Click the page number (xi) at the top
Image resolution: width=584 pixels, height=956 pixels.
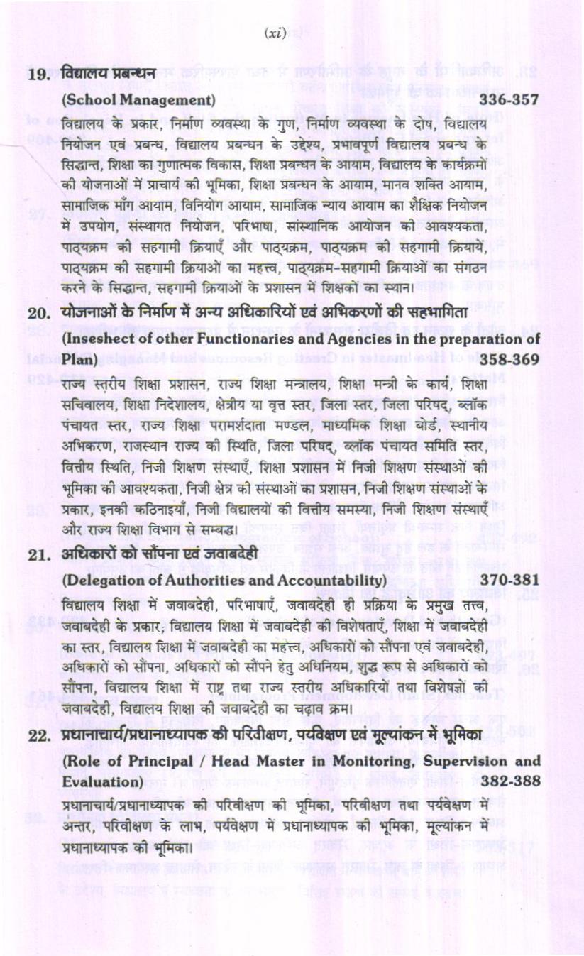point(275,33)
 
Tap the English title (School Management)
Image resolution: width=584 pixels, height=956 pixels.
point(139,101)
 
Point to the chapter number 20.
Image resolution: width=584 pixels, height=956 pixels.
point(37,313)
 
